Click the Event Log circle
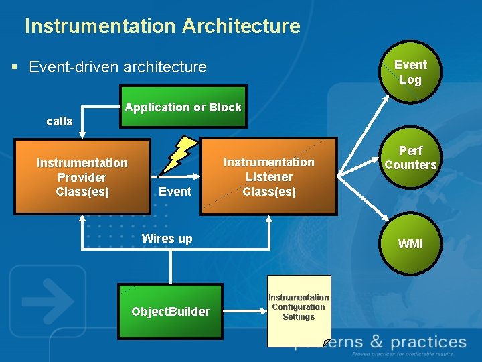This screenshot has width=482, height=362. pos(410,72)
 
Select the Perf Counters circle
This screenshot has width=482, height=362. pos(410,158)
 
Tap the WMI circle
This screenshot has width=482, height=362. pos(410,243)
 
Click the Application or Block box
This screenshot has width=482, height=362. pos(183,107)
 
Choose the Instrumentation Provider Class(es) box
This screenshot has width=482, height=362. pos(82,177)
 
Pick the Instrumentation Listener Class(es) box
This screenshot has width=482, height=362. pos(268,176)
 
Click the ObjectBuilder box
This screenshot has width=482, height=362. pos(170,311)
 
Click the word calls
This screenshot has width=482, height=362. pos(60,121)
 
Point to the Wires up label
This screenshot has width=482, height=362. pos(167,239)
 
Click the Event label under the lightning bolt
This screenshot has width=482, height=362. pos(175,192)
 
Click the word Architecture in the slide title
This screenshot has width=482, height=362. pos(240,26)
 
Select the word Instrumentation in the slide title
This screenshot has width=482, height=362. pos(99,26)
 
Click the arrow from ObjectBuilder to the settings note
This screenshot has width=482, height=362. pos(244,310)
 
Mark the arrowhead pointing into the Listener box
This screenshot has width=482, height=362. pos(198,177)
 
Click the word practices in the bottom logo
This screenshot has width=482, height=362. pos(428,343)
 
